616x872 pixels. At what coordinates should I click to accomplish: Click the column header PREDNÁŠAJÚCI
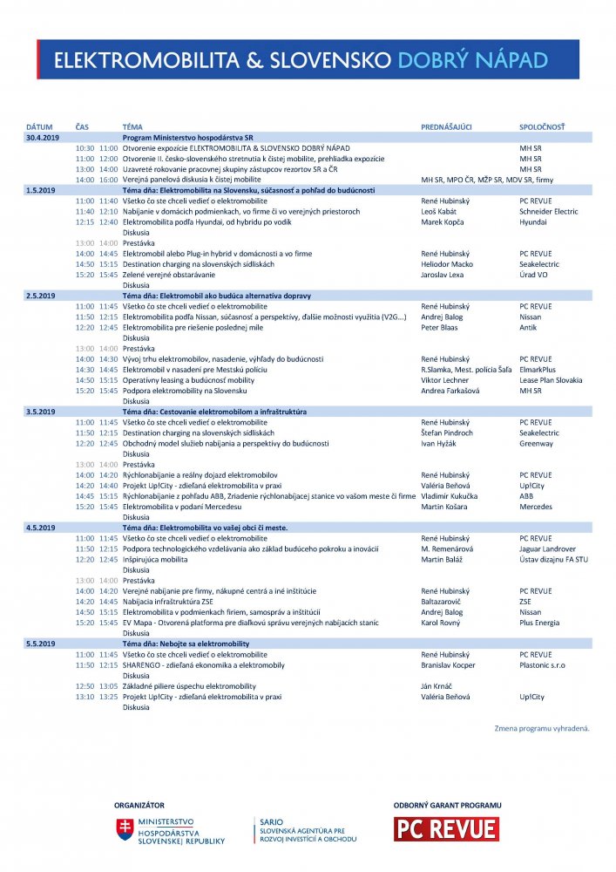pos(446,126)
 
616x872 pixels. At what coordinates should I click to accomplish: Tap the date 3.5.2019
pos(40,411)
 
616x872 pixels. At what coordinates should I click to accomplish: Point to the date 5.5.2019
pos(40,643)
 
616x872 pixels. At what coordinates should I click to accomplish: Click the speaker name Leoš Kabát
pos(441,211)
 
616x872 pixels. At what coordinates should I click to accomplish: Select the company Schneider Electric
pos(548,211)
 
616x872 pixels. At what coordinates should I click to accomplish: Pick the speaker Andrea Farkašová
pos(452,390)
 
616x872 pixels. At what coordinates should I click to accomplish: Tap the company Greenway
pos(536,443)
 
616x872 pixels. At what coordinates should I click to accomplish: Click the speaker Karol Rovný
pos(442,623)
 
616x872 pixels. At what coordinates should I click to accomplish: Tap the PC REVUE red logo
pos(446,828)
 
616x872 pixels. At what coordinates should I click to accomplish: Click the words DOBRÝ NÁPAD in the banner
pos(472,59)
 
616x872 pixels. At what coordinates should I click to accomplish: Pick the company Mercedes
pos(536,507)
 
